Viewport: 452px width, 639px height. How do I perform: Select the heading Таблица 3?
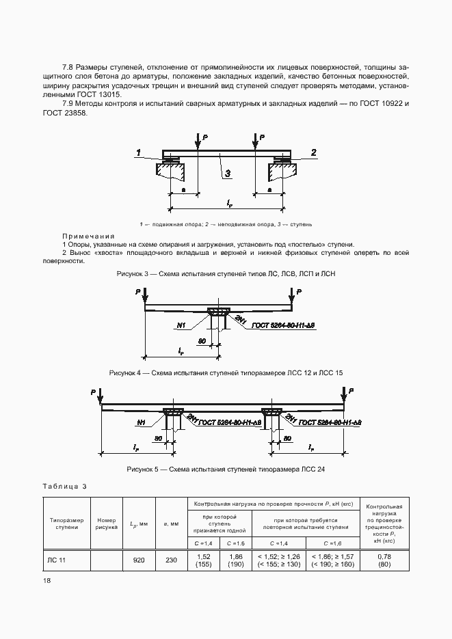coord(65,486)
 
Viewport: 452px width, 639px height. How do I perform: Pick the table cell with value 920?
coord(139,560)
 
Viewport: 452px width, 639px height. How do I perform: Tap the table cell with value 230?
coord(171,560)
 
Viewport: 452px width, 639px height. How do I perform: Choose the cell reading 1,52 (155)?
coord(203,560)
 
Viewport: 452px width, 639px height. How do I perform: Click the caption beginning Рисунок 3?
coord(226,273)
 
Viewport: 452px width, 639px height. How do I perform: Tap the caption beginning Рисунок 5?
coord(226,470)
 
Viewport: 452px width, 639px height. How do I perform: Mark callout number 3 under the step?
coord(228,172)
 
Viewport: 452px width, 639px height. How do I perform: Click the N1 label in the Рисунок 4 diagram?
coord(182,326)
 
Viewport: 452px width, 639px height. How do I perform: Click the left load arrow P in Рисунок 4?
coord(141,295)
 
